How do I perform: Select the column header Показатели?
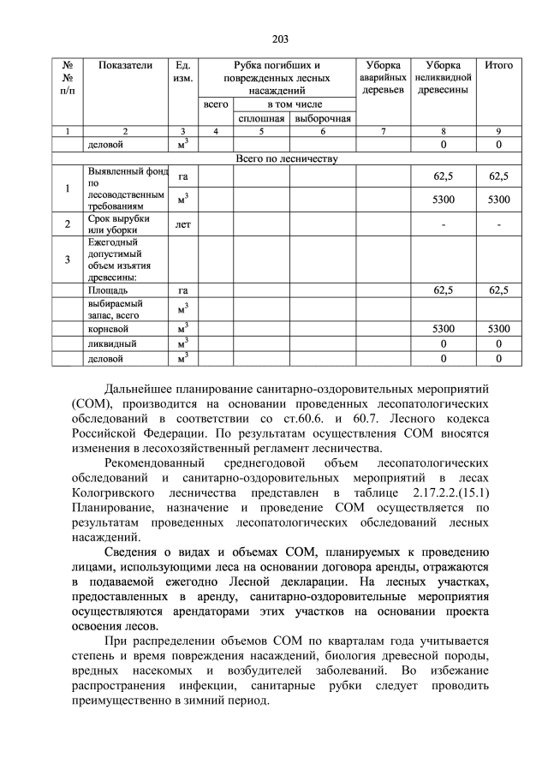click(x=125, y=65)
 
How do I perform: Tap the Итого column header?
click(x=498, y=65)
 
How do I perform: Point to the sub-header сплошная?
click(x=261, y=117)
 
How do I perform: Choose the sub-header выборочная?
click(x=323, y=117)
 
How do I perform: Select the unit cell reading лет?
click(x=182, y=225)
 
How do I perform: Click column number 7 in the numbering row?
click(x=382, y=131)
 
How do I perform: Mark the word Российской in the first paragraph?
click(x=113, y=432)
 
